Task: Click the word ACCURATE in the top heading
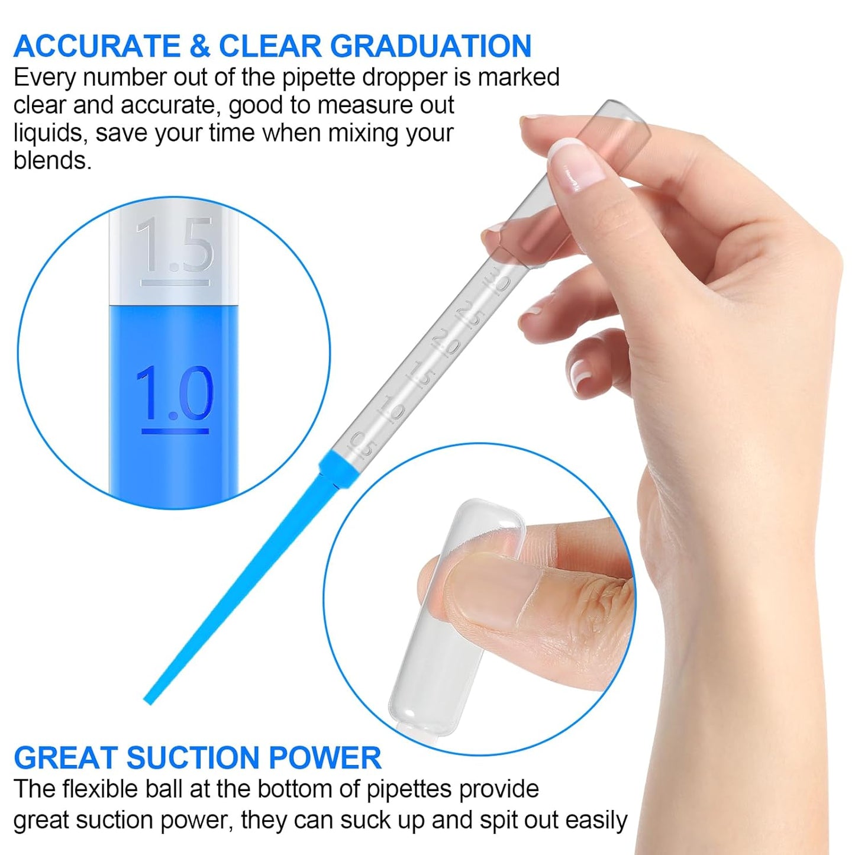point(97,46)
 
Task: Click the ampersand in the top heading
point(200,46)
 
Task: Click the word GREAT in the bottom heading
point(65,758)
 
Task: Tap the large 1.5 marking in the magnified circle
point(175,244)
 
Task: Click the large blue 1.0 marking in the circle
point(175,393)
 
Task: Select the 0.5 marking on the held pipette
point(363,445)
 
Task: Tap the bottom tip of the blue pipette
point(149,701)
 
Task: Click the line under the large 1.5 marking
point(175,283)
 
